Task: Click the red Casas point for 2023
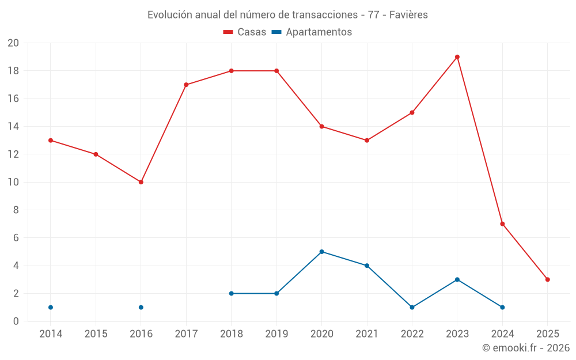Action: coord(457,57)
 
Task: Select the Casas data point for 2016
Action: coord(141,182)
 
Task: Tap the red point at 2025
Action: coord(548,279)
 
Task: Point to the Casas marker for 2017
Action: coord(186,85)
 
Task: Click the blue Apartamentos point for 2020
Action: coord(321,252)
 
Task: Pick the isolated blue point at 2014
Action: coord(51,307)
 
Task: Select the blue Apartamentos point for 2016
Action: coord(141,307)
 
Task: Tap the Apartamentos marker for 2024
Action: coord(502,307)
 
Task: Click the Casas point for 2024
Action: coord(502,223)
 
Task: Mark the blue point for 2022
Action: coord(412,307)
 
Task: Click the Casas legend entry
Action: coord(245,32)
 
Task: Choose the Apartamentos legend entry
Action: coord(312,32)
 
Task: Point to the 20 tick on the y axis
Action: coord(13,43)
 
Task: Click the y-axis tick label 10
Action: coord(13,182)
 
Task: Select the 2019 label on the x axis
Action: coord(276,334)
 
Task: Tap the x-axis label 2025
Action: coord(548,334)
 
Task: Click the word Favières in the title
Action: coord(408,15)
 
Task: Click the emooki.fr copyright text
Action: coord(526,348)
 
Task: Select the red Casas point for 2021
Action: coord(367,140)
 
